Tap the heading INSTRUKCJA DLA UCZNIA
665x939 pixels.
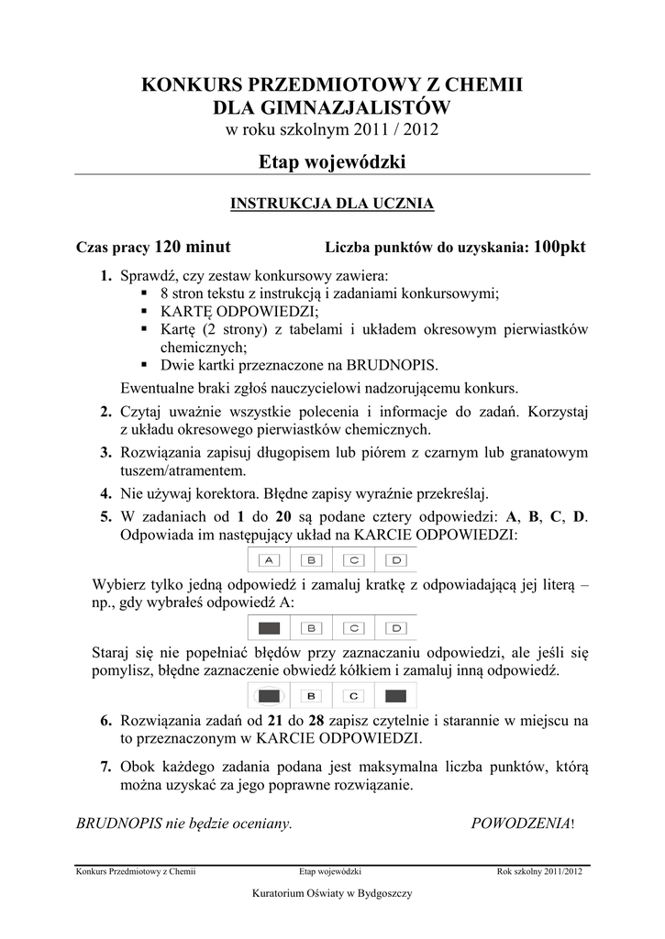[331, 204]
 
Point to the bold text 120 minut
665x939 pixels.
[193, 247]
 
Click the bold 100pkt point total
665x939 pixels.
[559, 247]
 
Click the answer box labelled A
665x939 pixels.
[269, 559]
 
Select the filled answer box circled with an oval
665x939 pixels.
[269, 695]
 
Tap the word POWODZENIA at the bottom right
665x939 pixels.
[520, 823]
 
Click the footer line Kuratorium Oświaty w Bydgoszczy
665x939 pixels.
[331, 893]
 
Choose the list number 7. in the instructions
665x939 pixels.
[106, 767]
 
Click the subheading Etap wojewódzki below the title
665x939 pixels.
[331, 162]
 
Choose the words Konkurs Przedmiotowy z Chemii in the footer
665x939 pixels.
[135, 872]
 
